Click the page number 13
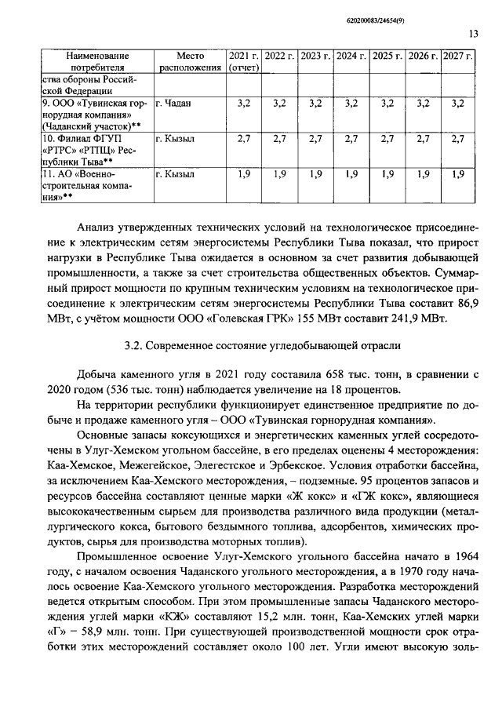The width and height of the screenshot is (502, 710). (x=474, y=33)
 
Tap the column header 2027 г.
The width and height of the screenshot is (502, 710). (x=458, y=57)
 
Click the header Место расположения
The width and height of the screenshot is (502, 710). (x=190, y=63)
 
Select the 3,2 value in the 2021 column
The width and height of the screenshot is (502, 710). (x=244, y=104)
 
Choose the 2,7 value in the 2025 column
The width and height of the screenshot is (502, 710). (x=387, y=139)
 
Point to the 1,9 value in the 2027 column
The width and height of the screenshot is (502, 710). (x=458, y=174)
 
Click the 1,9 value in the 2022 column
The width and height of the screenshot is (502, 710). (x=279, y=174)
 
